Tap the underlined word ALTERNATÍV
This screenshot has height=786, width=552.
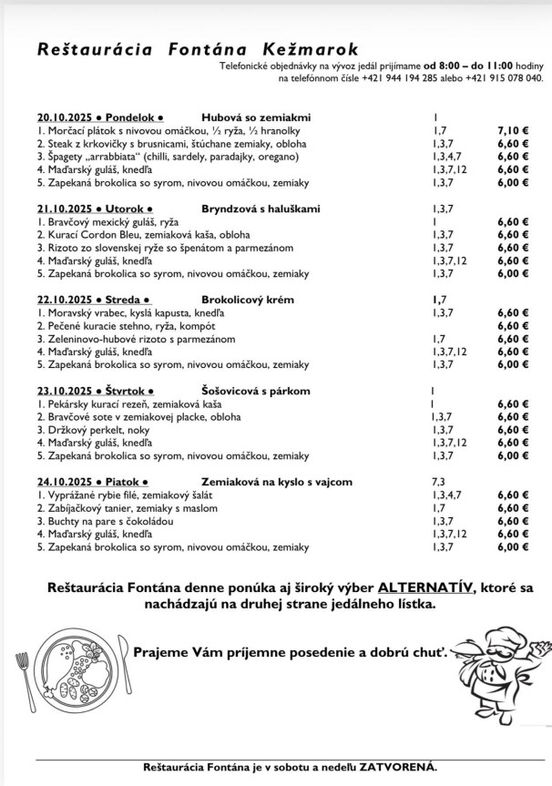424,587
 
